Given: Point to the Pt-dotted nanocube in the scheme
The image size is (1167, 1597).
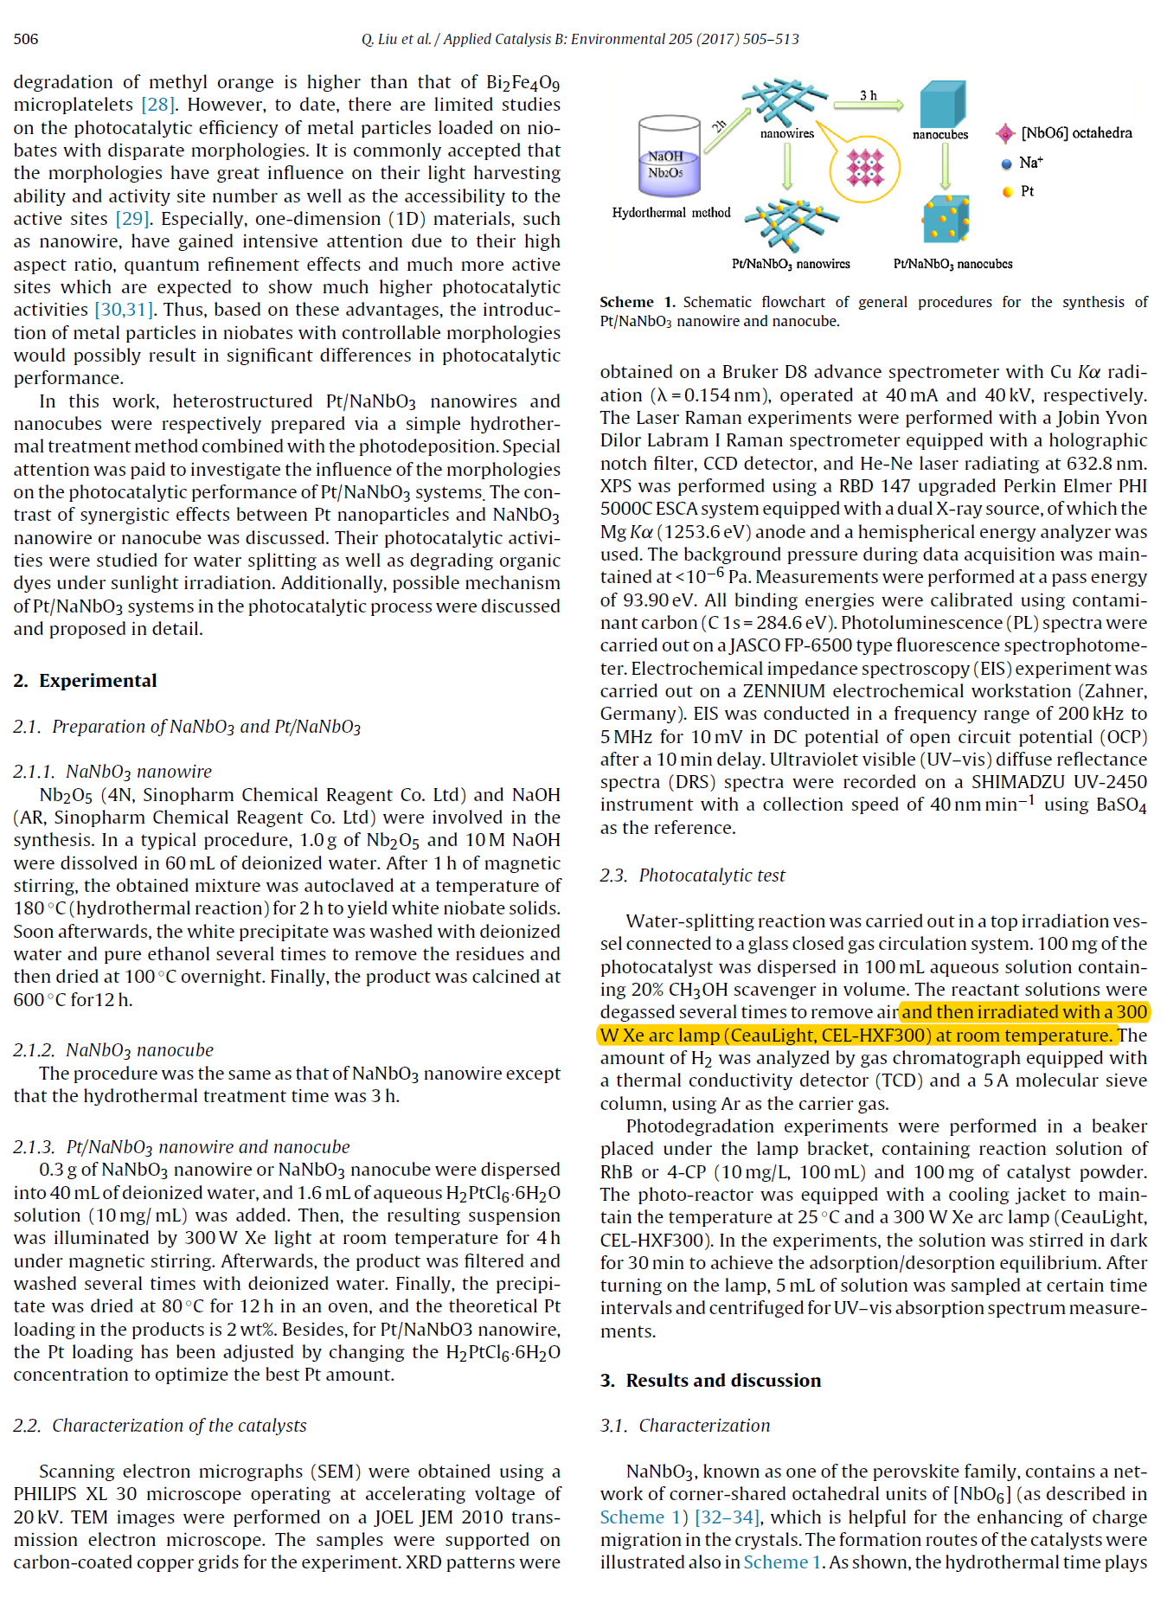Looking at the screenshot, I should [x=946, y=218].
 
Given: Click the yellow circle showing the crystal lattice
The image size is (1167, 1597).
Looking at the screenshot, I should [x=865, y=168].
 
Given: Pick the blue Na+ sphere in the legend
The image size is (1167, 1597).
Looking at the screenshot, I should [x=1006, y=164].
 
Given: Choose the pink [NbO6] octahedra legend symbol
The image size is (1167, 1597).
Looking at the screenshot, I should [x=1005, y=133].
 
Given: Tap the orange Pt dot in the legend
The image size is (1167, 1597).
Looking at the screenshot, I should [x=1007, y=192].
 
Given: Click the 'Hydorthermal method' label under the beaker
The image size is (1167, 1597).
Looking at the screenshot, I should [x=671, y=213].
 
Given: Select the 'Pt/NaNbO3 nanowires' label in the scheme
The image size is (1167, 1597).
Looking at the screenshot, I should [x=791, y=264].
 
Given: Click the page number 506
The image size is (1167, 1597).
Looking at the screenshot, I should [x=26, y=39].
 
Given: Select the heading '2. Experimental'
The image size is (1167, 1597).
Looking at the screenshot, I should [x=85, y=681].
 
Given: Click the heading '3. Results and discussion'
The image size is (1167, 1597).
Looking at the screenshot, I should [x=710, y=1381].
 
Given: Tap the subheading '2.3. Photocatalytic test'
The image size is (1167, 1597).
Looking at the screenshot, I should [x=692, y=875].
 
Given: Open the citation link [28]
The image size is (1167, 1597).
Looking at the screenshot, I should [x=158, y=106].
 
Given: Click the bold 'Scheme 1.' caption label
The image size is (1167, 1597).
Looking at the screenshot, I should [x=637, y=302].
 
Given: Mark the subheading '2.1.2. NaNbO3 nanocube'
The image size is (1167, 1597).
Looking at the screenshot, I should [x=113, y=1050].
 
